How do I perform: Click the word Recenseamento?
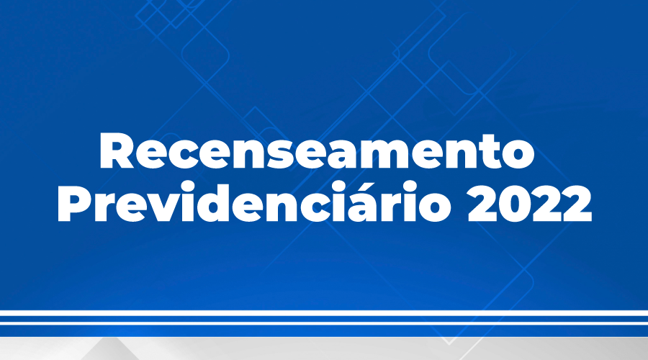click(x=317, y=151)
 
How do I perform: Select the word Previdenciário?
click(x=253, y=202)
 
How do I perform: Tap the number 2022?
click(x=530, y=203)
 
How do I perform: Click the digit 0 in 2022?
click(x=514, y=203)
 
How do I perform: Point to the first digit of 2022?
click(x=482, y=203)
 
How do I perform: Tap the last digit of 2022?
click(x=577, y=203)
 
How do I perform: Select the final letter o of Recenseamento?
click(x=518, y=156)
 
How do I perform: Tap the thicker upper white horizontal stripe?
click(x=324, y=313)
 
